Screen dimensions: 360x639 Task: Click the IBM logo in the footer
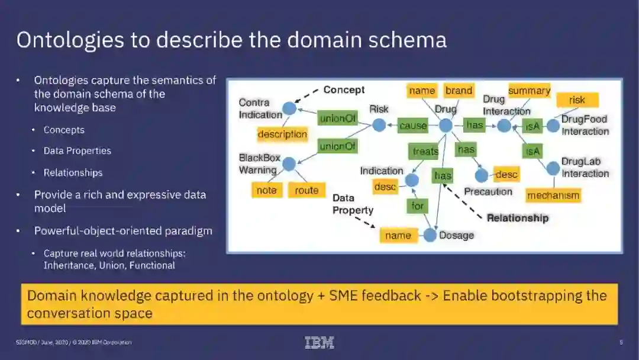pos(319,342)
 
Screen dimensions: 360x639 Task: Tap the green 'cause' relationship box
pos(413,126)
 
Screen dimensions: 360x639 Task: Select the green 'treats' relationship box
pos(425,152)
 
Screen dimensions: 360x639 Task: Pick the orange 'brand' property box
pos(459,91)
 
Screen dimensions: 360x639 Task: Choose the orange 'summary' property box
pos(529,91)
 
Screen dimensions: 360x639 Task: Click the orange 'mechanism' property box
pos(553,195)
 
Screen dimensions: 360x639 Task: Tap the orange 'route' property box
pos(306,190)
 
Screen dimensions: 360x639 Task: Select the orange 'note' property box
pos(266,190)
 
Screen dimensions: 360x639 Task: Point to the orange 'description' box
pos(282,134)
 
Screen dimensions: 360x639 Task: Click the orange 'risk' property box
pos(577,100)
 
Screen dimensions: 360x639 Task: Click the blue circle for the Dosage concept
pos(430,235)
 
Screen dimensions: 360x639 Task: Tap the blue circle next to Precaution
pos(482,175)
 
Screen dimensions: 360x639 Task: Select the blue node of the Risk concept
pos(379,126)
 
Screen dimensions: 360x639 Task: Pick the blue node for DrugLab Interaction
pos(553,168)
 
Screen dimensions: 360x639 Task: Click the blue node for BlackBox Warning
pos(289,164)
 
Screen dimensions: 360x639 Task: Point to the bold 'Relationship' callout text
pos(518,218)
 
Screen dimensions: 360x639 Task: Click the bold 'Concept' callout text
pos(344,90)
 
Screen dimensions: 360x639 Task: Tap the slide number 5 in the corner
pos(621,342)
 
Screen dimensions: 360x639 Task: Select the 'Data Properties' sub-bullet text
pos(78,151)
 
